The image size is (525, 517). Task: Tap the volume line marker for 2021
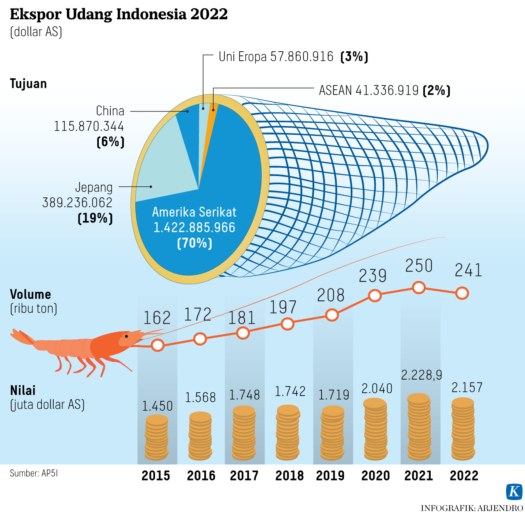(418, 288)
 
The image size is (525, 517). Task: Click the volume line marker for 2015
(157, 345)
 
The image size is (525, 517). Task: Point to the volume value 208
(331, 295)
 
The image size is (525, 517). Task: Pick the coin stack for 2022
(463, 428)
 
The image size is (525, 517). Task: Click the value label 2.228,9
(421, 375)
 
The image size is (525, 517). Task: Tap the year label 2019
(330, 476)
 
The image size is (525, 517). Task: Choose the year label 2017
(244, 476)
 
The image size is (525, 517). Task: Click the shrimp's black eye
(126, 336)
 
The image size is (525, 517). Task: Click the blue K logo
(514, 491)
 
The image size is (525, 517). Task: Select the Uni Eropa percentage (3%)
(354, 57)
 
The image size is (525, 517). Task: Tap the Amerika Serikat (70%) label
(194, 243)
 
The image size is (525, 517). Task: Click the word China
(110, 111)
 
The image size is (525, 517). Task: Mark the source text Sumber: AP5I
(34, 473)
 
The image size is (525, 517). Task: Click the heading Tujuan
(28, 84)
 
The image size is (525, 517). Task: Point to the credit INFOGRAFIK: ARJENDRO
(472, 508)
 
